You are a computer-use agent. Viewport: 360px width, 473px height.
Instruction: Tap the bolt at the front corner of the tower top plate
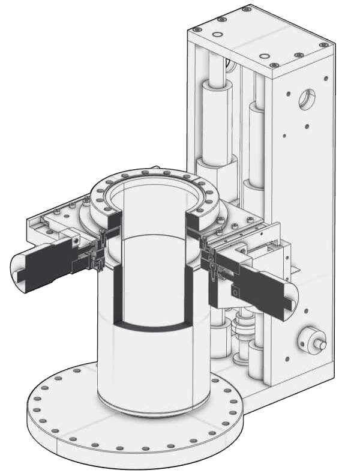click(274, 65)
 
